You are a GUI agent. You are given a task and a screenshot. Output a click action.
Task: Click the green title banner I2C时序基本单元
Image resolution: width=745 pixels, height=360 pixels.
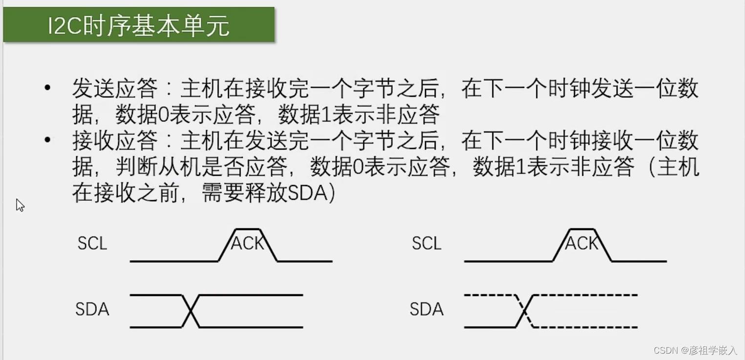click(139, 24)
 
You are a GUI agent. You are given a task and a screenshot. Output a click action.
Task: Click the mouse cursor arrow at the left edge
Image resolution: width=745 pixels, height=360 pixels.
click(20, 205)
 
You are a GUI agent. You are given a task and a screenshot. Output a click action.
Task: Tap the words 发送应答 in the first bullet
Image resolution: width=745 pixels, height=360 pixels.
click(115, 89)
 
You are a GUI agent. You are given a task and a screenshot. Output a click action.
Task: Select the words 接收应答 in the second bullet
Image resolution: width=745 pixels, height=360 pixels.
click(115, 142)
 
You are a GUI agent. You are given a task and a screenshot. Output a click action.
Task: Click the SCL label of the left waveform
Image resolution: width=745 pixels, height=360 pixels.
click(92, 243)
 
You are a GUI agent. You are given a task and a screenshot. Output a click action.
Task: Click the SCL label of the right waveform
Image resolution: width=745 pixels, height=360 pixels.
click(426, 243)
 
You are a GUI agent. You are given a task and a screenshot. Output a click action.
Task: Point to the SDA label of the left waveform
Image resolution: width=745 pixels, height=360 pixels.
click(92, 309)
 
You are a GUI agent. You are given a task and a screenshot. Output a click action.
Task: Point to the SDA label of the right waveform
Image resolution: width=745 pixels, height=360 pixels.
click(426, 309)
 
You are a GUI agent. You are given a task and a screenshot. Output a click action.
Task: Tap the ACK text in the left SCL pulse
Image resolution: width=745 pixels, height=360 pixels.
click(247, 243)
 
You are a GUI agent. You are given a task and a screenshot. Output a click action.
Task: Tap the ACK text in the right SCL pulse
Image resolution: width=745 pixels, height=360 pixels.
click(581, 243)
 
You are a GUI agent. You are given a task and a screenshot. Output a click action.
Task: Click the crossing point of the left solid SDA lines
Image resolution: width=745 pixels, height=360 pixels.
click(191, 311)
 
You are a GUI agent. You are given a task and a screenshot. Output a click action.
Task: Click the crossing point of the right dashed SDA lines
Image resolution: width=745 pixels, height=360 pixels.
click(525, 311)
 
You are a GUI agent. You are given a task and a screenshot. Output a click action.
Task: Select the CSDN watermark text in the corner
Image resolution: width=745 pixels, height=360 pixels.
click(695, 350)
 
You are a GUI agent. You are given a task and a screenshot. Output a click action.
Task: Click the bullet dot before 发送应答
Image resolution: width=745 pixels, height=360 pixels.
click(47, 88)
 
